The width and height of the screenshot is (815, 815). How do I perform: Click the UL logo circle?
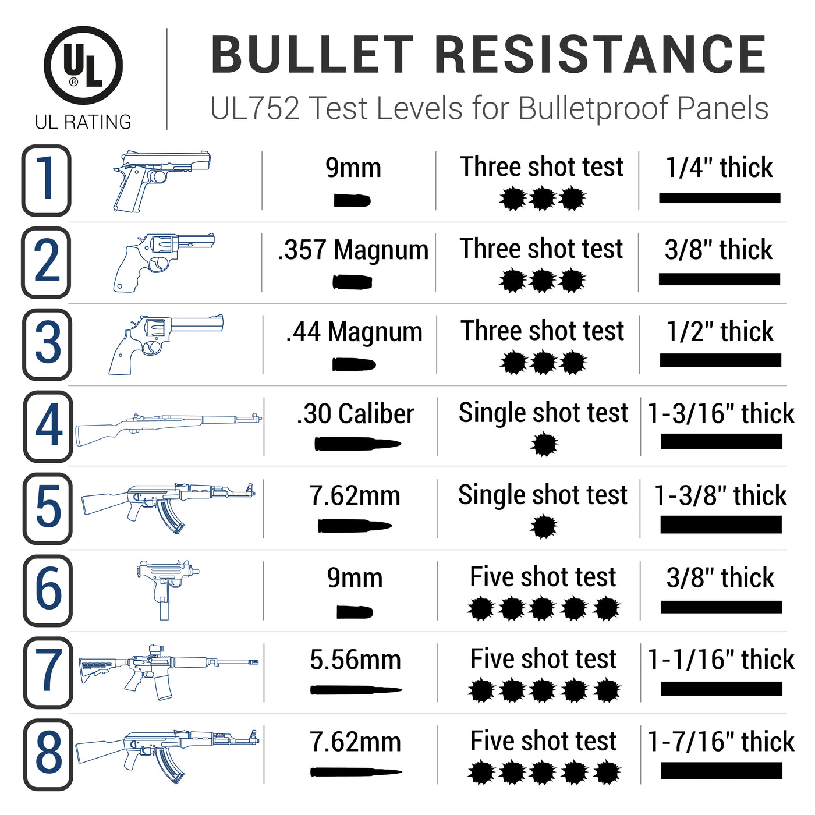[83, 65]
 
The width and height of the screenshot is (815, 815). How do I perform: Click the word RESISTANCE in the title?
[600, 55]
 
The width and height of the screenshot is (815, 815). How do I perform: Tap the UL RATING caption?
[83, 122]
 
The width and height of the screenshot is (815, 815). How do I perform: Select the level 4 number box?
[48, 426]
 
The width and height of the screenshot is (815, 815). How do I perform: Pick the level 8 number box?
[48, 754]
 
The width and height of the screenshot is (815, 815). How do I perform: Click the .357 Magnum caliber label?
[353, 250]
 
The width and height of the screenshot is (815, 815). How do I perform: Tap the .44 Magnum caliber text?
[354, 332]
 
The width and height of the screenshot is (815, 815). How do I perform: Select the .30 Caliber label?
[355, 414]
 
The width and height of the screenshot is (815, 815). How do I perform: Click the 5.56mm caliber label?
[355, 660]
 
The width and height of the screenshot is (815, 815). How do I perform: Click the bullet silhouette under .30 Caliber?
[356, 444]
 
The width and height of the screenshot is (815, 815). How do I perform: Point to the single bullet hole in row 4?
[544, 445]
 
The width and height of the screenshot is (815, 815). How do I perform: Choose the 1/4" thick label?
[719, 168]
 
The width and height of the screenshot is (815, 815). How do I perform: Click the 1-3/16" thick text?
[721, 414]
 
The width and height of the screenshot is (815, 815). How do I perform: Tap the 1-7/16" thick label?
[721, 742]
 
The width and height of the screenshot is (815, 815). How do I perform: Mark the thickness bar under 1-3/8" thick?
[721, 525]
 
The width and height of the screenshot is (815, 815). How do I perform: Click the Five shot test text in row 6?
[543, 577]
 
